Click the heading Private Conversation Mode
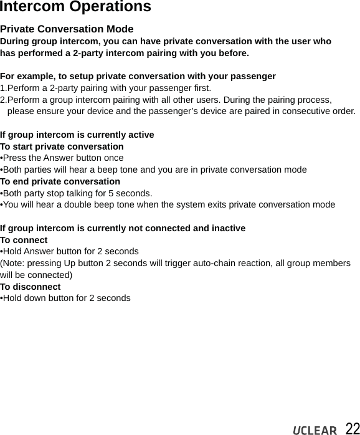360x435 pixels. [x=67, y=29]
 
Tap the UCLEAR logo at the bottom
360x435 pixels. [x=315, y=429]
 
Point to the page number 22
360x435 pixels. [x=352, y=428]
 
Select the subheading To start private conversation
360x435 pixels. [x=62, y=146]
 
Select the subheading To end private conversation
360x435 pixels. [x=60, y=181]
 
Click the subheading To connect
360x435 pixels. [x=24, y=240]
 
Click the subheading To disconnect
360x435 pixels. [x=31, y=287]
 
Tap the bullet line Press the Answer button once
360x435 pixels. [x=62, y=158]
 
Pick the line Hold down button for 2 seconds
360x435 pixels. [x=66, y=299]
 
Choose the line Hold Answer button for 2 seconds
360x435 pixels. [x=70, y=252]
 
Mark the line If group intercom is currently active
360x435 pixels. [x=77, y=135]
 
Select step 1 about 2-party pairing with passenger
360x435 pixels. [x=106, y=88]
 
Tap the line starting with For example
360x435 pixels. [x=138, y=76]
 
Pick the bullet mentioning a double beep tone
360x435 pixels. [x=168, y=205]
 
